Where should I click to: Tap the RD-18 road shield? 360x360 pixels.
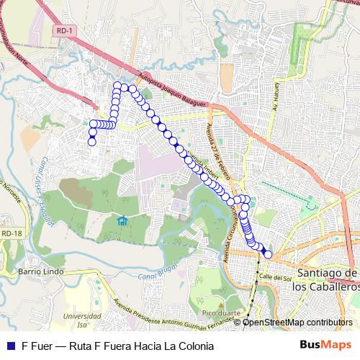(x=10, y=233)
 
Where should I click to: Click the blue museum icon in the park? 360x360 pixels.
(x=122, y=220)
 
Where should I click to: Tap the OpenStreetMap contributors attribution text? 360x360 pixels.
(x=297, y=323)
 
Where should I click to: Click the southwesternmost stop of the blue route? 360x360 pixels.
(x=92, y=142)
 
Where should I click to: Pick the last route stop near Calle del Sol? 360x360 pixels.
(x=269, y=253)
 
